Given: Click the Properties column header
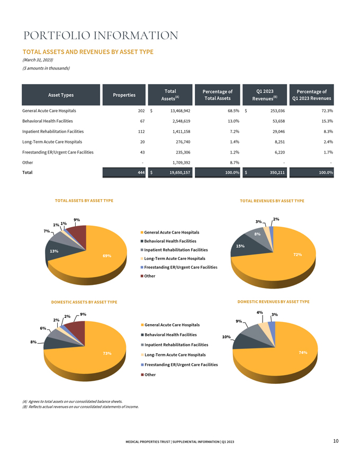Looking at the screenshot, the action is [x=124, y=95].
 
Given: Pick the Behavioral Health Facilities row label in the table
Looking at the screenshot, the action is [x=48, y=121].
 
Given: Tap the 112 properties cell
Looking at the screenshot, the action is [x=141, y=131].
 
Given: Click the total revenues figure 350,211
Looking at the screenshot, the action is [x=277, y=173].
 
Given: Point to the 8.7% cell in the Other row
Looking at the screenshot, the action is [x=235, y=163].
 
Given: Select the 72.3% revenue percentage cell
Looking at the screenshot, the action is [x=328, y=111].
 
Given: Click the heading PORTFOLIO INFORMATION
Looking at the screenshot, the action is [x=101, y=35].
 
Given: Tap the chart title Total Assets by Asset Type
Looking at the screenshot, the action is [x=84, y=201].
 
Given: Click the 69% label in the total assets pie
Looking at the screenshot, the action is [x=107, y=256].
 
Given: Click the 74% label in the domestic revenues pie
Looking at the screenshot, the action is [x=303, y=353].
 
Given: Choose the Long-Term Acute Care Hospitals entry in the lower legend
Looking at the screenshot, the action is [x=173, y=355].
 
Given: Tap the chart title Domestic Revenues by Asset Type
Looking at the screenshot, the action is [x=273, y=302].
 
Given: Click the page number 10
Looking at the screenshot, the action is [x=336, y=441].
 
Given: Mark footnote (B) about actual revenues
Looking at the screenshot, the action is [x=80, y=407].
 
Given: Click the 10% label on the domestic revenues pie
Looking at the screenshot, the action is [x=227, y=337].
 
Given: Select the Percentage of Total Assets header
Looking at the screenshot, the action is [x=218, y=95].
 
